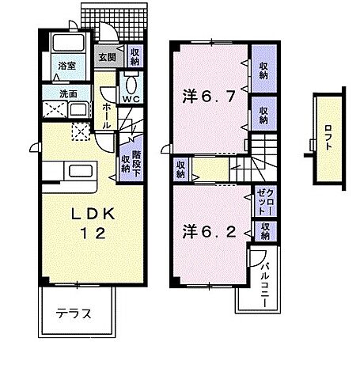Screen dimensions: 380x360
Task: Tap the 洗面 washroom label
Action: tap(66, 94)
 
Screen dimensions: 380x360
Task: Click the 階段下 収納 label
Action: tap(131, 162)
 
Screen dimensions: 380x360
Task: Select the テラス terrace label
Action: tap(74, 313)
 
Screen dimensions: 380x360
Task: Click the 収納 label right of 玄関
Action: tap(135, 56)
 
